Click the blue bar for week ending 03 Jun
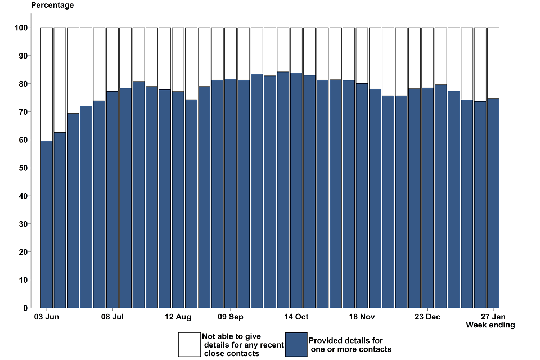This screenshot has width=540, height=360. pos(47,225)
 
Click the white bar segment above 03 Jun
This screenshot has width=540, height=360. pos(47,84)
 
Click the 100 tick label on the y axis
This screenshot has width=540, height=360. pos(21,28)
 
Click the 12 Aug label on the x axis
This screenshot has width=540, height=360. pos(178,316)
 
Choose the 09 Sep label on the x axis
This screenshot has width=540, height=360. pos(231,316)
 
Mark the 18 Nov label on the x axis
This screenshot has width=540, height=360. pos(362,316)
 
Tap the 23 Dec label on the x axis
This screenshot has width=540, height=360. pos(427,316)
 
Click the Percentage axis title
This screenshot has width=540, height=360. pos(52,6)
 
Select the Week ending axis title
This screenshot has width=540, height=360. pos(490,325)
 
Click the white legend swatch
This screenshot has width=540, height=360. pos(190,345)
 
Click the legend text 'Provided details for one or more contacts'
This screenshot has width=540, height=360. pos(349,345)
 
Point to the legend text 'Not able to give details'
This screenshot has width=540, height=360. pos(242,345)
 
